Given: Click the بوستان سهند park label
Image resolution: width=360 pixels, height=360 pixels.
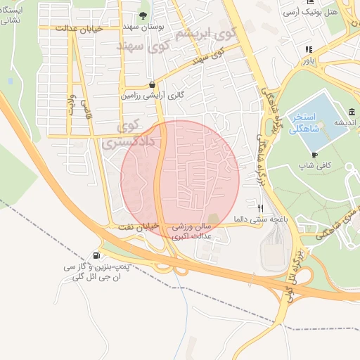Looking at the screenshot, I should [144, 25].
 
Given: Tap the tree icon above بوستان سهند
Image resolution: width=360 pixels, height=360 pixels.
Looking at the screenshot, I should [144, 15].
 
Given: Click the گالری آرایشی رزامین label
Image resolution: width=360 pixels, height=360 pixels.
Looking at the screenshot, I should [150, 94].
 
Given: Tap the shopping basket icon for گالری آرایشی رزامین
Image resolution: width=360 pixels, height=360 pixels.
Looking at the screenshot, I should [151, 84].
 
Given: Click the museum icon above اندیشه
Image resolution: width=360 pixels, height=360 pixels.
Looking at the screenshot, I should [351, 112].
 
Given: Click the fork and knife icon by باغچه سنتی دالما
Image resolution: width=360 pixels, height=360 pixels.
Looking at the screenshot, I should [260, 208].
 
